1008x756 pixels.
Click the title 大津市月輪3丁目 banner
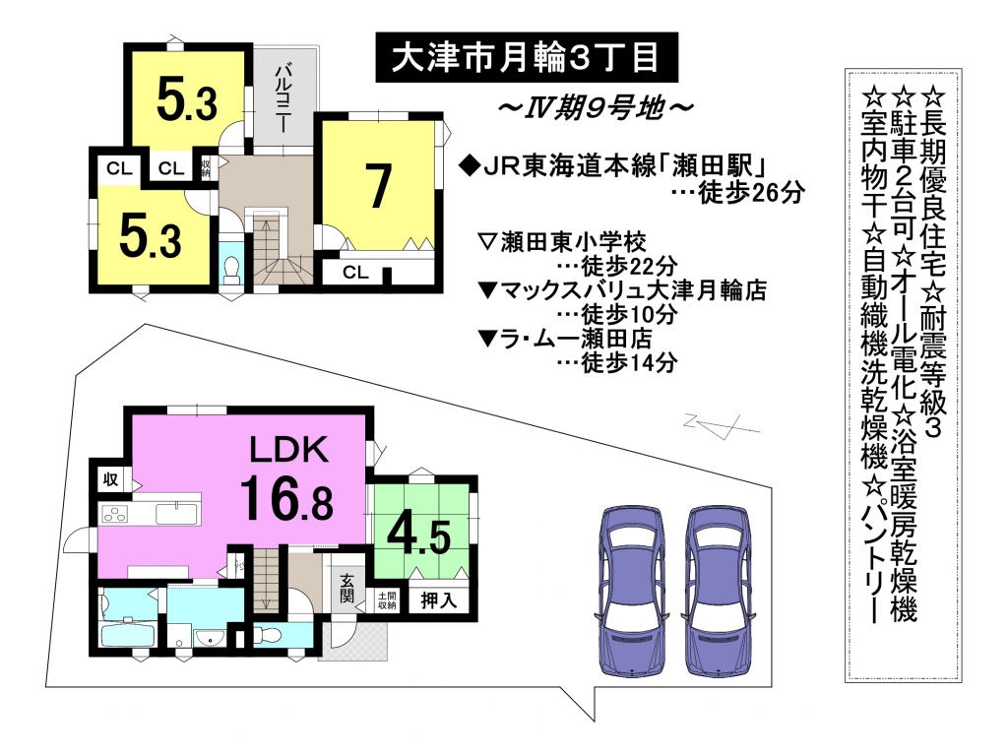pyautogui.click(x=527, y=58)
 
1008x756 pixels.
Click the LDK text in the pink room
pyautogui.click(x=288, y=450)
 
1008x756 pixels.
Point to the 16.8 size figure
pyautogui.click(x=286, y=496)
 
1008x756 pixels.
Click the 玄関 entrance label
pyautogui.click(x=346, y=589)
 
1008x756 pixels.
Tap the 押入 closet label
pyautogui.click(x=438, y=600)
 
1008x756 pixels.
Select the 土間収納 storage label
pyautogui.click(x=387, y=600)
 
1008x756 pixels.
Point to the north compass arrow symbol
pyautogui.click(x=722, y=425)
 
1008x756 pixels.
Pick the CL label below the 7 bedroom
pyautogui.click(x=355, y=273)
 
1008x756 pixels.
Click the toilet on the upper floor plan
pyautogui.click(x=230, y=270)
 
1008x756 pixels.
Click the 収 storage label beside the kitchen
pyautogui.click(x=111, y=479)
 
